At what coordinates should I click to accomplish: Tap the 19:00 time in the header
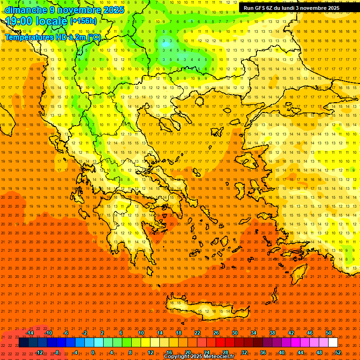[x=19, y=21]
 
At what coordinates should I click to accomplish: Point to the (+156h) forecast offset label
[x=83, y=21]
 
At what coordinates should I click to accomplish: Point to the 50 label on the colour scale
[x=328, y=333]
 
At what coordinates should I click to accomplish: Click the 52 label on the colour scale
[x=337, y=352]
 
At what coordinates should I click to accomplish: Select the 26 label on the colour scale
[x=216, y=333]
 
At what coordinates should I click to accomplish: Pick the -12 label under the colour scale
[x=39, y=352]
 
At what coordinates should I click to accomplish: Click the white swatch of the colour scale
[x=333, y=343]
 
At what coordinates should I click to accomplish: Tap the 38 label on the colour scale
[x=272, y=333]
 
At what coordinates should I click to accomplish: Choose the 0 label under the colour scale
[x=93, y=352]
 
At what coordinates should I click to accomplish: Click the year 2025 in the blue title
[x=113, y=10]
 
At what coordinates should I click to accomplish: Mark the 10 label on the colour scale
[x=141, y=333]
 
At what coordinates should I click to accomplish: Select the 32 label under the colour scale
[x=244, y=352]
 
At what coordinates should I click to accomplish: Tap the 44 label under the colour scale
[x=300, y=352]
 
